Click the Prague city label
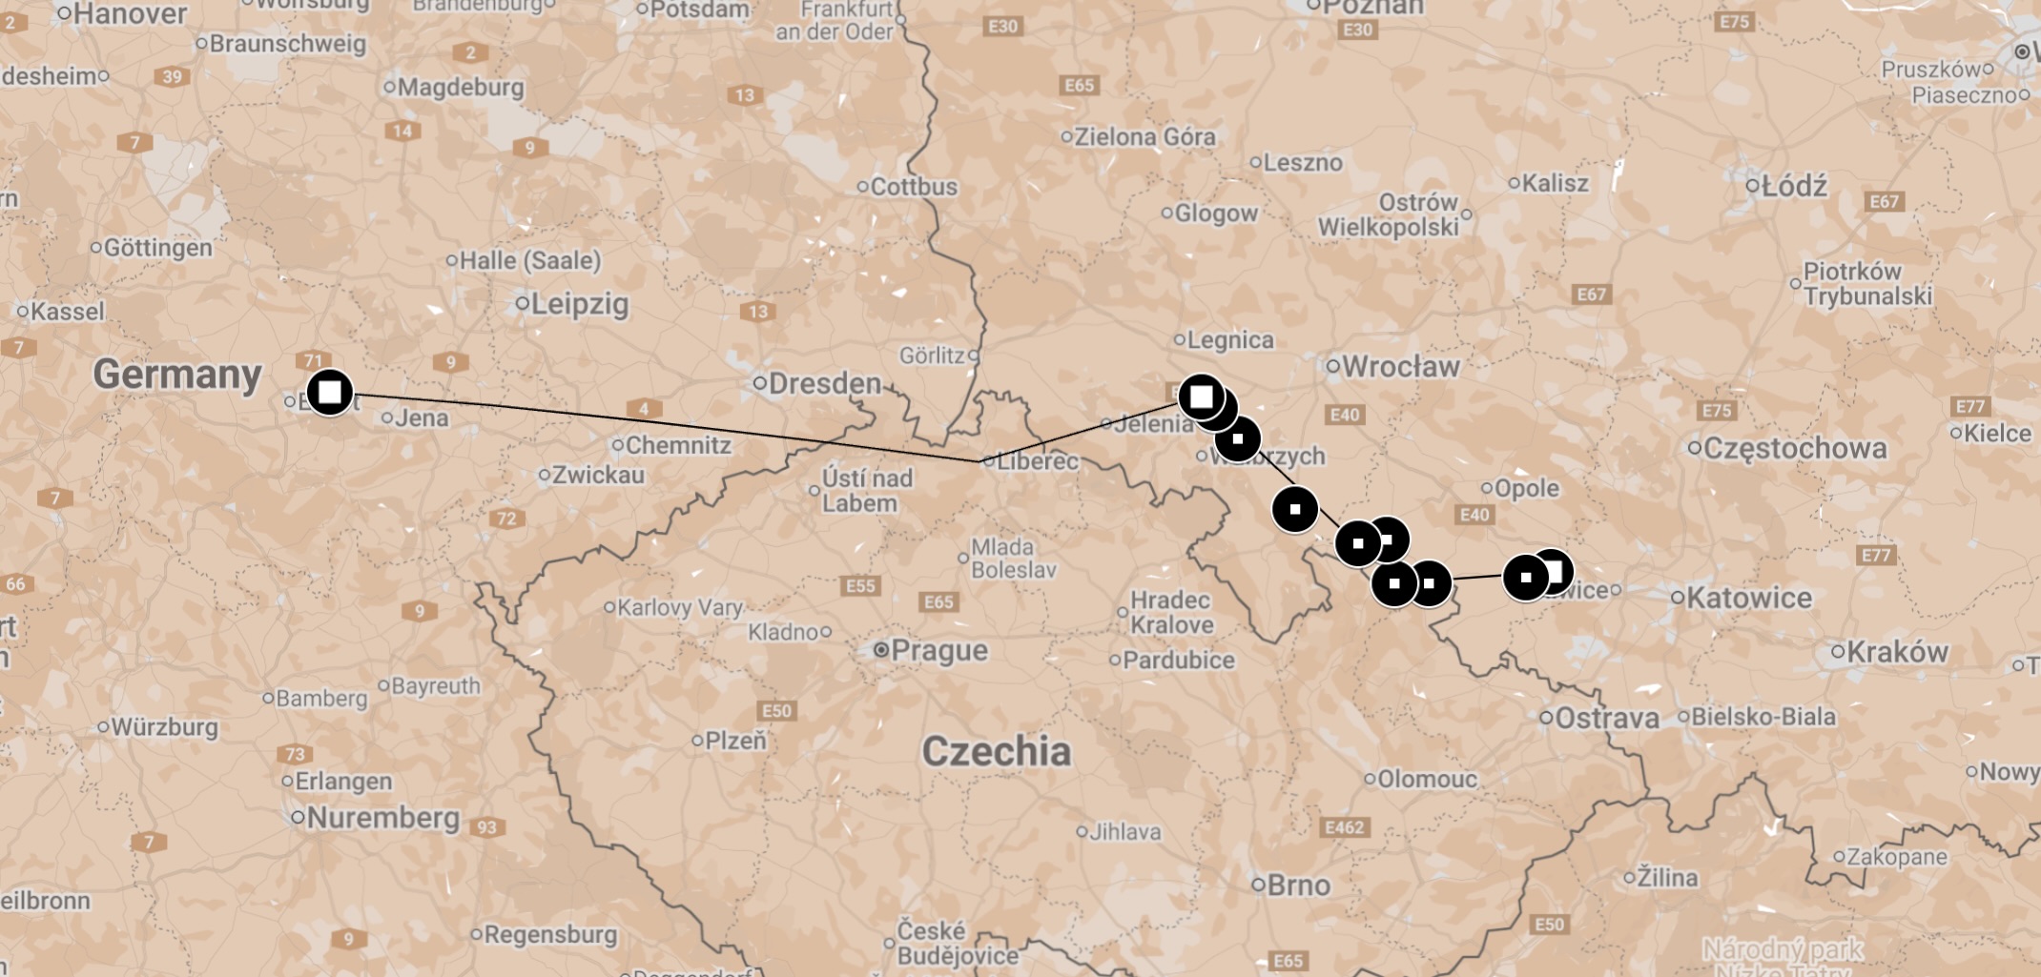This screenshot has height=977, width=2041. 938,651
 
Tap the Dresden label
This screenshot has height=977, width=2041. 824,383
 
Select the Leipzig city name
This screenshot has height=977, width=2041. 579,304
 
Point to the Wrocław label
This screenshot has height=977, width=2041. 1400,366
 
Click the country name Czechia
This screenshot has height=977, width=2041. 996,751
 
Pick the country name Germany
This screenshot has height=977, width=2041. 177,375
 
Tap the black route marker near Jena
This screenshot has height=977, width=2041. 330,392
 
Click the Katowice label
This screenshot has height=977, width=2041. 1748,598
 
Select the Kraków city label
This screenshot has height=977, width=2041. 1897,652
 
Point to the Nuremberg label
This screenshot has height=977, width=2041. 382,818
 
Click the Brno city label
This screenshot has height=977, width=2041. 1298,885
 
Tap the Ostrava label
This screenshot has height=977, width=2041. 1607,718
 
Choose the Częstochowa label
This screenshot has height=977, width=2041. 1794,448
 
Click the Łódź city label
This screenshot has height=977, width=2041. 1794,186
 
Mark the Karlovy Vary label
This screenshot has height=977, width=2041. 679,607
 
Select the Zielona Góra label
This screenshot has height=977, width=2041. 1144,136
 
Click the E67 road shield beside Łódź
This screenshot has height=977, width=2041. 1884,201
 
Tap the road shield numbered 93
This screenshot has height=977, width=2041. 486,826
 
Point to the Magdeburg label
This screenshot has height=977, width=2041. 461,88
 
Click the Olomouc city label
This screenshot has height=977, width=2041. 1427,779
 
